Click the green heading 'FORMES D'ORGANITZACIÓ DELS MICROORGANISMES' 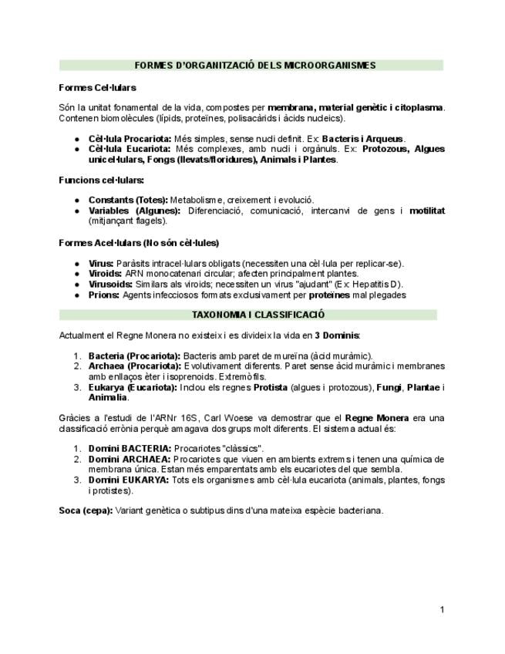click(254, 66)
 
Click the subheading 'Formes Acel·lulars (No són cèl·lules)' click(139, 243)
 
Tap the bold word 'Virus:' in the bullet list click(101, 263)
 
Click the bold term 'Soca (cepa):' click(86, 511)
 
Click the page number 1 click(443, 610)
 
